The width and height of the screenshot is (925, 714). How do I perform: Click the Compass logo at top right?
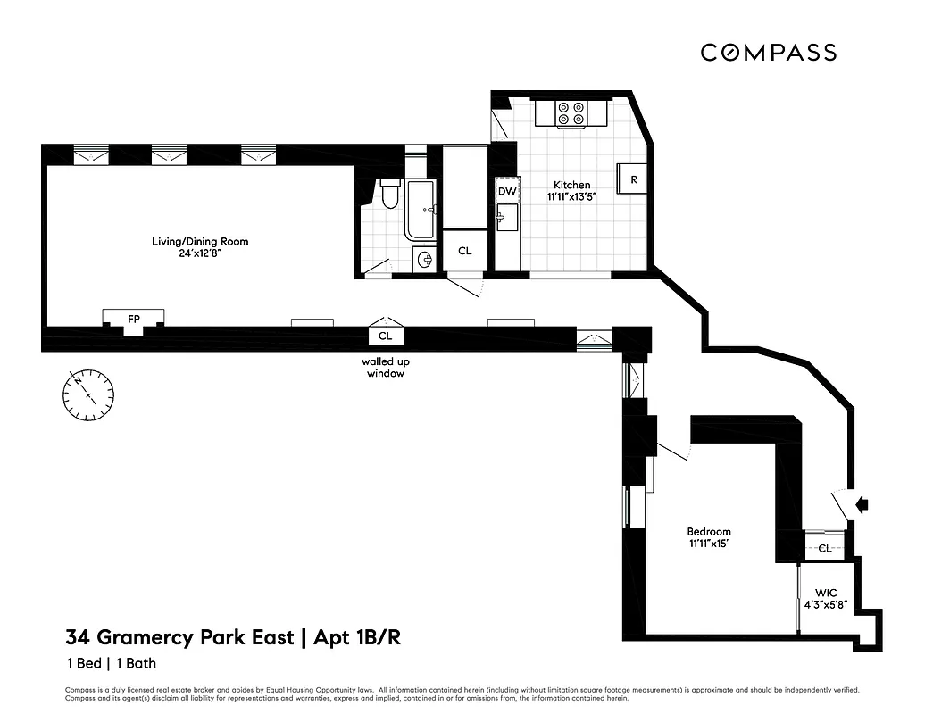tap(768, 53)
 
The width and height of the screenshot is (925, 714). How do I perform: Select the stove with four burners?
tap(571, 113)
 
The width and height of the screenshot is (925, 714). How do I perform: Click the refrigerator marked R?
tap(634, 178)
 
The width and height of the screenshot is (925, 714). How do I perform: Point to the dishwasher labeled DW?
tap(506, 191)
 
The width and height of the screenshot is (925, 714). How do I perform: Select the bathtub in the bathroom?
tap(421, 211)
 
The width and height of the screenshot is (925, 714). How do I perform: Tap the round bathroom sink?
tap(426, 261)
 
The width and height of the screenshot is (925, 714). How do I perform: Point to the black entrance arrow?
tap(862, 505)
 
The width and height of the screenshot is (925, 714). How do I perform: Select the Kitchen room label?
tap(571, 185)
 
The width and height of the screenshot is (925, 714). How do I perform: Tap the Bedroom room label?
tap(710, 531)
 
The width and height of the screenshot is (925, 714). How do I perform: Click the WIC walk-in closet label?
tap(823, 593)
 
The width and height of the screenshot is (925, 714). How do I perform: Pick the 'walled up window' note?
tap(385, 368)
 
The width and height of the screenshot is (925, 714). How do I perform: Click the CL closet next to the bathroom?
tap(464, 251)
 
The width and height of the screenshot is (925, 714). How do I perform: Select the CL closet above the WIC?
tap(825, 548)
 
